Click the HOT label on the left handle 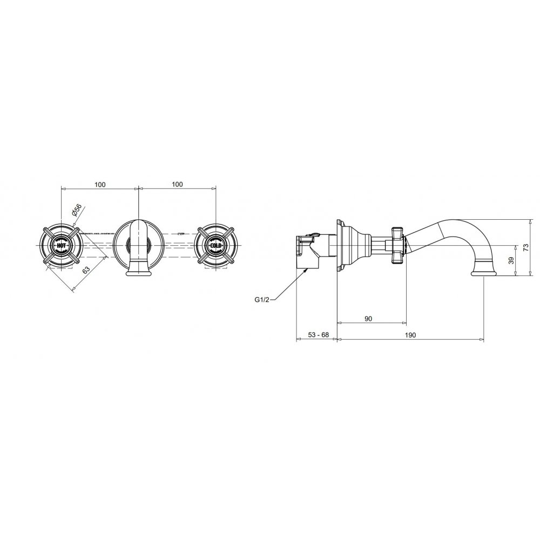[61, 246]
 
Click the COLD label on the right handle [216, 246]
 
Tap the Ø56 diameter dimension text [77, 210]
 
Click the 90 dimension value [368, 319]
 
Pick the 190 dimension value [410, 335]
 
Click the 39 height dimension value [511, 260]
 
